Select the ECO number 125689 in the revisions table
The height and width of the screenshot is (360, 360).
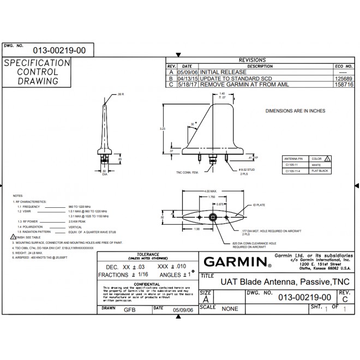tap(342, 78)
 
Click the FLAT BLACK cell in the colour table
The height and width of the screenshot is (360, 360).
tap(320, 171)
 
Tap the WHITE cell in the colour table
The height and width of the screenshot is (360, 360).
tap(316, 164)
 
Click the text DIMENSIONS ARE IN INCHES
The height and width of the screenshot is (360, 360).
tap(295, 111)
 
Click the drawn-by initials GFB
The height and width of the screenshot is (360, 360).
tap(130, 309)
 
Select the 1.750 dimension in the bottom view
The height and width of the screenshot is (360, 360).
tap(212, 196)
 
